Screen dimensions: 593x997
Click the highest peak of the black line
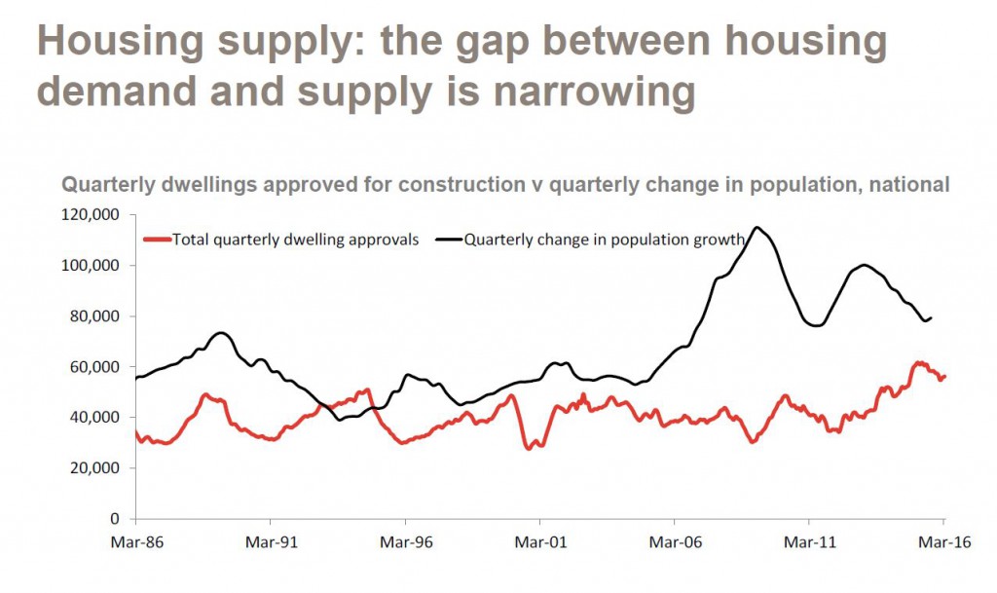click(x=757, y=228)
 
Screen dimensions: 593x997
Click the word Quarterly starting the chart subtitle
click(x=106, y=184)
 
